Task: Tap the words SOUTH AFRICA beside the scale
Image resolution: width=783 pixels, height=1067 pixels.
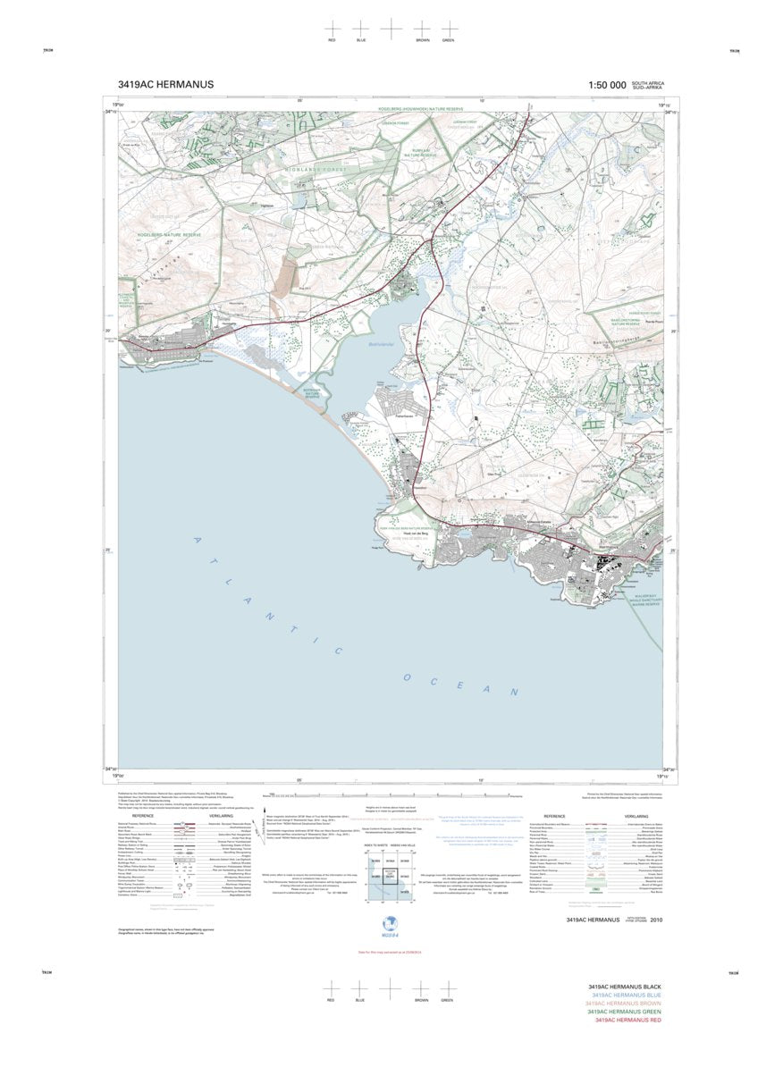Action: [647, 81]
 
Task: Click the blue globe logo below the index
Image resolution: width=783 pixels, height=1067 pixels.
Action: [390, 923]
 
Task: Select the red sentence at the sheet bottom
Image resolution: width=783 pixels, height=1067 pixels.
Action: [390, 950]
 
